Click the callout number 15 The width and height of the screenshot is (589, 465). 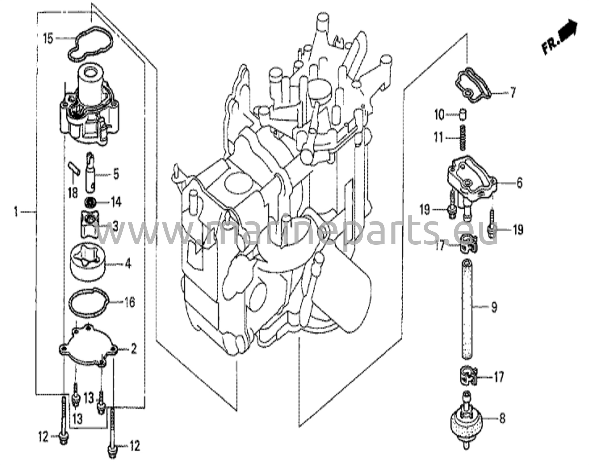point(48,38)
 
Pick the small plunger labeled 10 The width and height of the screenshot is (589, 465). point(463,115)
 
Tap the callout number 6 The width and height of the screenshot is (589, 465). point(519,183)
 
